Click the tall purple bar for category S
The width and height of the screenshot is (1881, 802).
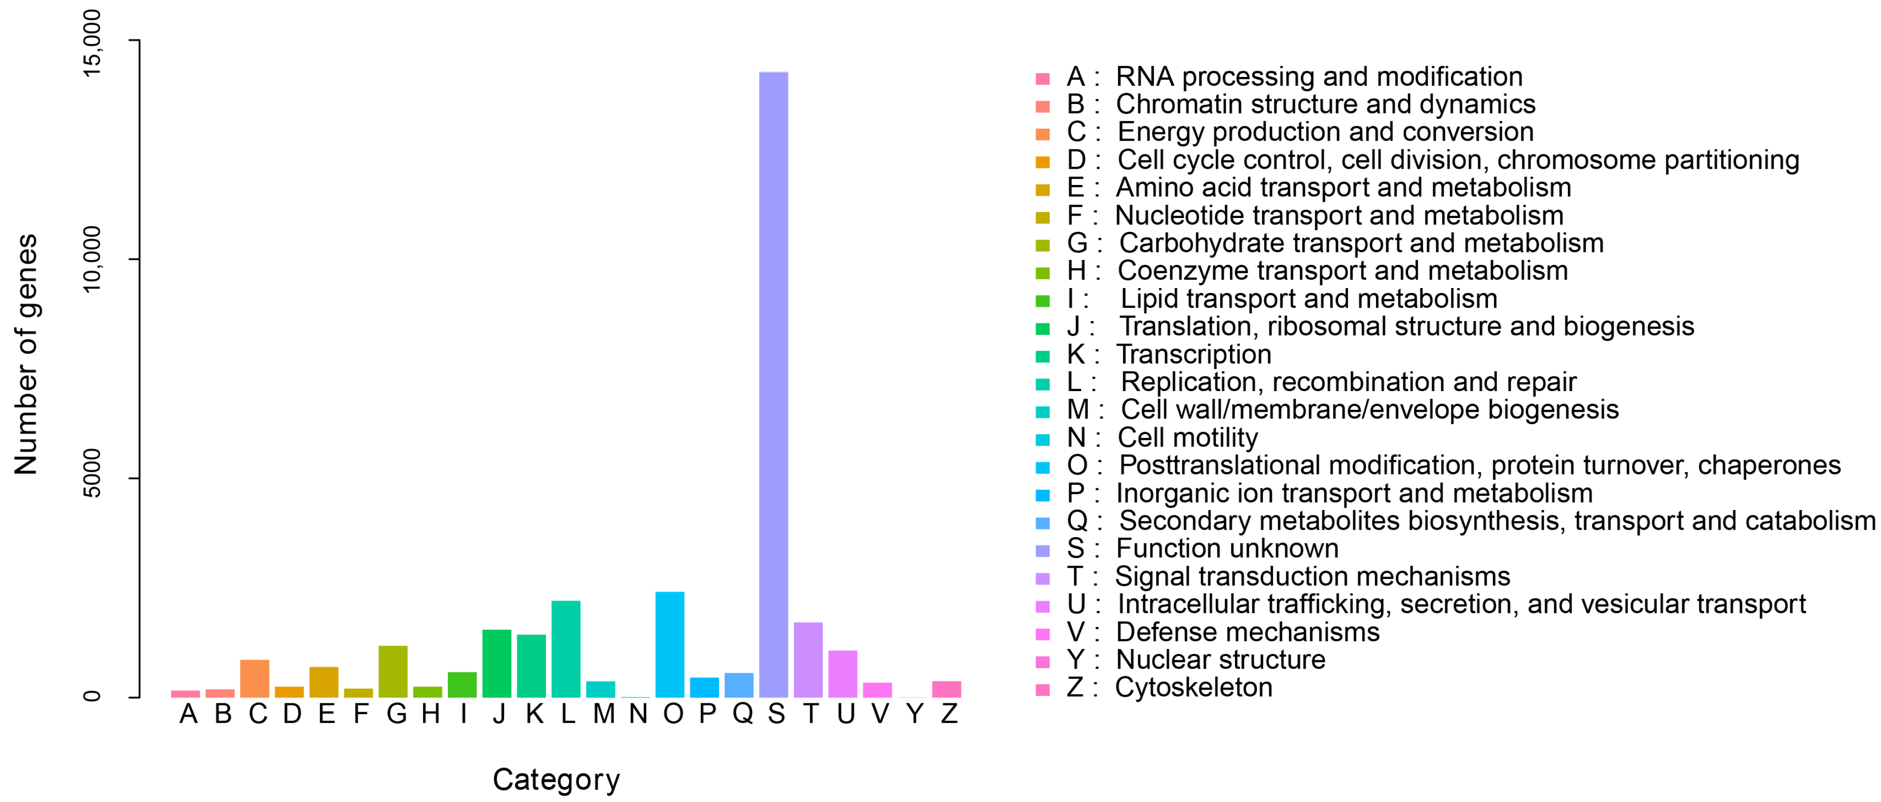click(773, 385)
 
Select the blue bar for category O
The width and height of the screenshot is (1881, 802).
click(670, 645)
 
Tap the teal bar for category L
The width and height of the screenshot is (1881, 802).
click(566, 649)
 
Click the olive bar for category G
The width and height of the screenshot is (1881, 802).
click(393, 672)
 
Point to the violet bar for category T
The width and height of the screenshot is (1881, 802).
click(808, 660)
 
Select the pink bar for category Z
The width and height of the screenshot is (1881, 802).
click(946, 690)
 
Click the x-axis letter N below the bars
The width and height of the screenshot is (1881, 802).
click(638, 714)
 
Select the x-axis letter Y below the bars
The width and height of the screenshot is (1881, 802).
click(914, 714)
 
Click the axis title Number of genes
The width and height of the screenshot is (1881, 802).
click(26, 354)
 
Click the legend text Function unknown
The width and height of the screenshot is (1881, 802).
click(1227, 548)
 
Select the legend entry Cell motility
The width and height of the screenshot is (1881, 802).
click(1187, 437)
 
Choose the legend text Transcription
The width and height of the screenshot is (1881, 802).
click(1193, 354)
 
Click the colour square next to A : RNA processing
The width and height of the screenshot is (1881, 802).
click(1043, 78)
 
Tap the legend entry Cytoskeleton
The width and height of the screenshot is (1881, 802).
click(1193, 688)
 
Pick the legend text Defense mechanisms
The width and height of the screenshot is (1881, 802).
click(1247, 632)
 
